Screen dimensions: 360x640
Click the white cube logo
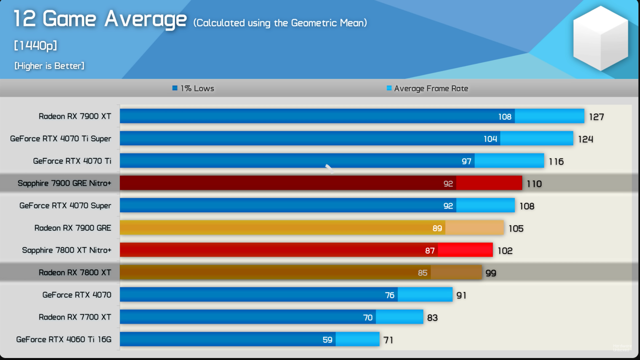tap(600, 38)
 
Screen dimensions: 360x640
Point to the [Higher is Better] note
tap(49, 66)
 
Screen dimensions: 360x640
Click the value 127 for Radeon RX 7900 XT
tap(596, 117)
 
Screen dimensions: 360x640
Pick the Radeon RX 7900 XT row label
tap(75, 116)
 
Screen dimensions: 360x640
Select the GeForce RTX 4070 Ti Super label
tap(60, 139)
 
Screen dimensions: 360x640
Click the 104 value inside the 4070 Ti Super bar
tap(490, 139)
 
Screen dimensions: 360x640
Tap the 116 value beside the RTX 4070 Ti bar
tap(556, 161)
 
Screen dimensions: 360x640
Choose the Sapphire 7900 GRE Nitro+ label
tap(64, 183)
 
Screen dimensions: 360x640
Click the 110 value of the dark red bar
tap(534, 184)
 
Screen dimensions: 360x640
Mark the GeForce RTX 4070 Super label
tap(65, 206)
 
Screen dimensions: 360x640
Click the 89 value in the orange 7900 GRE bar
tap(437, 228)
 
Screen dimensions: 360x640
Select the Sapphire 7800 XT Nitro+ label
tap(66, 250)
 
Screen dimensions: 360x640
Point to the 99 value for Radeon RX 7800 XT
tap(491, 273)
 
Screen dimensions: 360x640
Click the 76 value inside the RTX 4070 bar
tap(390, 295)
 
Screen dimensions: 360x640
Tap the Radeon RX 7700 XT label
tap(75, 317)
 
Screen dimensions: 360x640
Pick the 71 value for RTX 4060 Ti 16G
tap(388, 340)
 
